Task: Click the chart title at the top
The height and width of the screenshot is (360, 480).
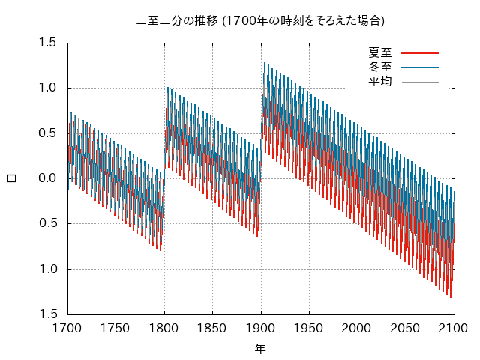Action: click(x=260, y=20)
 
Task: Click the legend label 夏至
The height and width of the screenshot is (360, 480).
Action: click(x=380, y=52)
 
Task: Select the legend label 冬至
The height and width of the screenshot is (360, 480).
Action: click(x=380, y=67)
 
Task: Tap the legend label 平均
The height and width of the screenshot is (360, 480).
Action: click(x=380, y=82)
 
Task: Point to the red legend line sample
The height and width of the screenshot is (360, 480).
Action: click(x=420, y=53)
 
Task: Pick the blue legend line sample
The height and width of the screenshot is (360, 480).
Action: click(x=420, y=67)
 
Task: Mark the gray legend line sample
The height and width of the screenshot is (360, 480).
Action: click(x=420, y=82)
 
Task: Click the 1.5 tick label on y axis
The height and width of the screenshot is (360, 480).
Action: click(x=47, y=43)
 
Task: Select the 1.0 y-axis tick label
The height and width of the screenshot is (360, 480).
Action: click(x=47, y=88)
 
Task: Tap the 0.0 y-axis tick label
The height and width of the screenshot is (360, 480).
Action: click(x=47, y=178)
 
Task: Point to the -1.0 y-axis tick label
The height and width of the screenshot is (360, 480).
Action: click(x=46, y=269)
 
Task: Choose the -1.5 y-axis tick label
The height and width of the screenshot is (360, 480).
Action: click(x=46, y=314)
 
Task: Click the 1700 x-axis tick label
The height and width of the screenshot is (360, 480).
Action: click(x=67, y=328)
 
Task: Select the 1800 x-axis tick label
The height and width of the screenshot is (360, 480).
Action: click(x=163, y=328)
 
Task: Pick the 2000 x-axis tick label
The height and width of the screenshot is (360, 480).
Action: click(x=357, y=328)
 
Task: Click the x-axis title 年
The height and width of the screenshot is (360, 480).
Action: click(x=260, y=349)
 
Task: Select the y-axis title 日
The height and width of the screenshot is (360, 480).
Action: click(x=12, y=178)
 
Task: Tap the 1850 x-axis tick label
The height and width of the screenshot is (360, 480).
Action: click(x=211, y=328)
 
